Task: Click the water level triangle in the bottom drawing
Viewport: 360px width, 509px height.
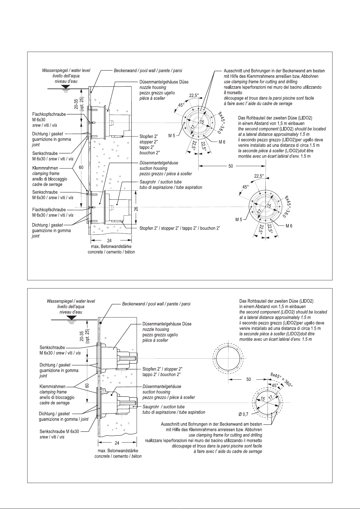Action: coord(71,318)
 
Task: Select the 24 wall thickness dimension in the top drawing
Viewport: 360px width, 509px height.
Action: coord(109,241)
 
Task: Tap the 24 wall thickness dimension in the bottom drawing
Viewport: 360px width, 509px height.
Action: coord(117,443)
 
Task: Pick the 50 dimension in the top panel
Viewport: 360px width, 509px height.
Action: coord(231,166)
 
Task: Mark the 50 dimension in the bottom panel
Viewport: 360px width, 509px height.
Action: coord(248,380)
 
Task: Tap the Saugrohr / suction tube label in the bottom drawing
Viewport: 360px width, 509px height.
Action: coord(164,407)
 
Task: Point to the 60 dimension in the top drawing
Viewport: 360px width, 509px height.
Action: coord(81,167)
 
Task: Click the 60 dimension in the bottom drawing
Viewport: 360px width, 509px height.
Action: coord(87,385)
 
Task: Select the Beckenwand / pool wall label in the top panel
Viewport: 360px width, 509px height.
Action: coord(148,71)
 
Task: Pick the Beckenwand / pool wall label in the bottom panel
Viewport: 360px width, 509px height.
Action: coord(156,304)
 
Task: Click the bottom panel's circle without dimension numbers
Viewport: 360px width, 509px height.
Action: coord(229,358)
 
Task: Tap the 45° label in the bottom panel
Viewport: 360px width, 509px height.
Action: coord(274,386)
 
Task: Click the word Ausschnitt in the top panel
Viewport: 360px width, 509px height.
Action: coord(233,71)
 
